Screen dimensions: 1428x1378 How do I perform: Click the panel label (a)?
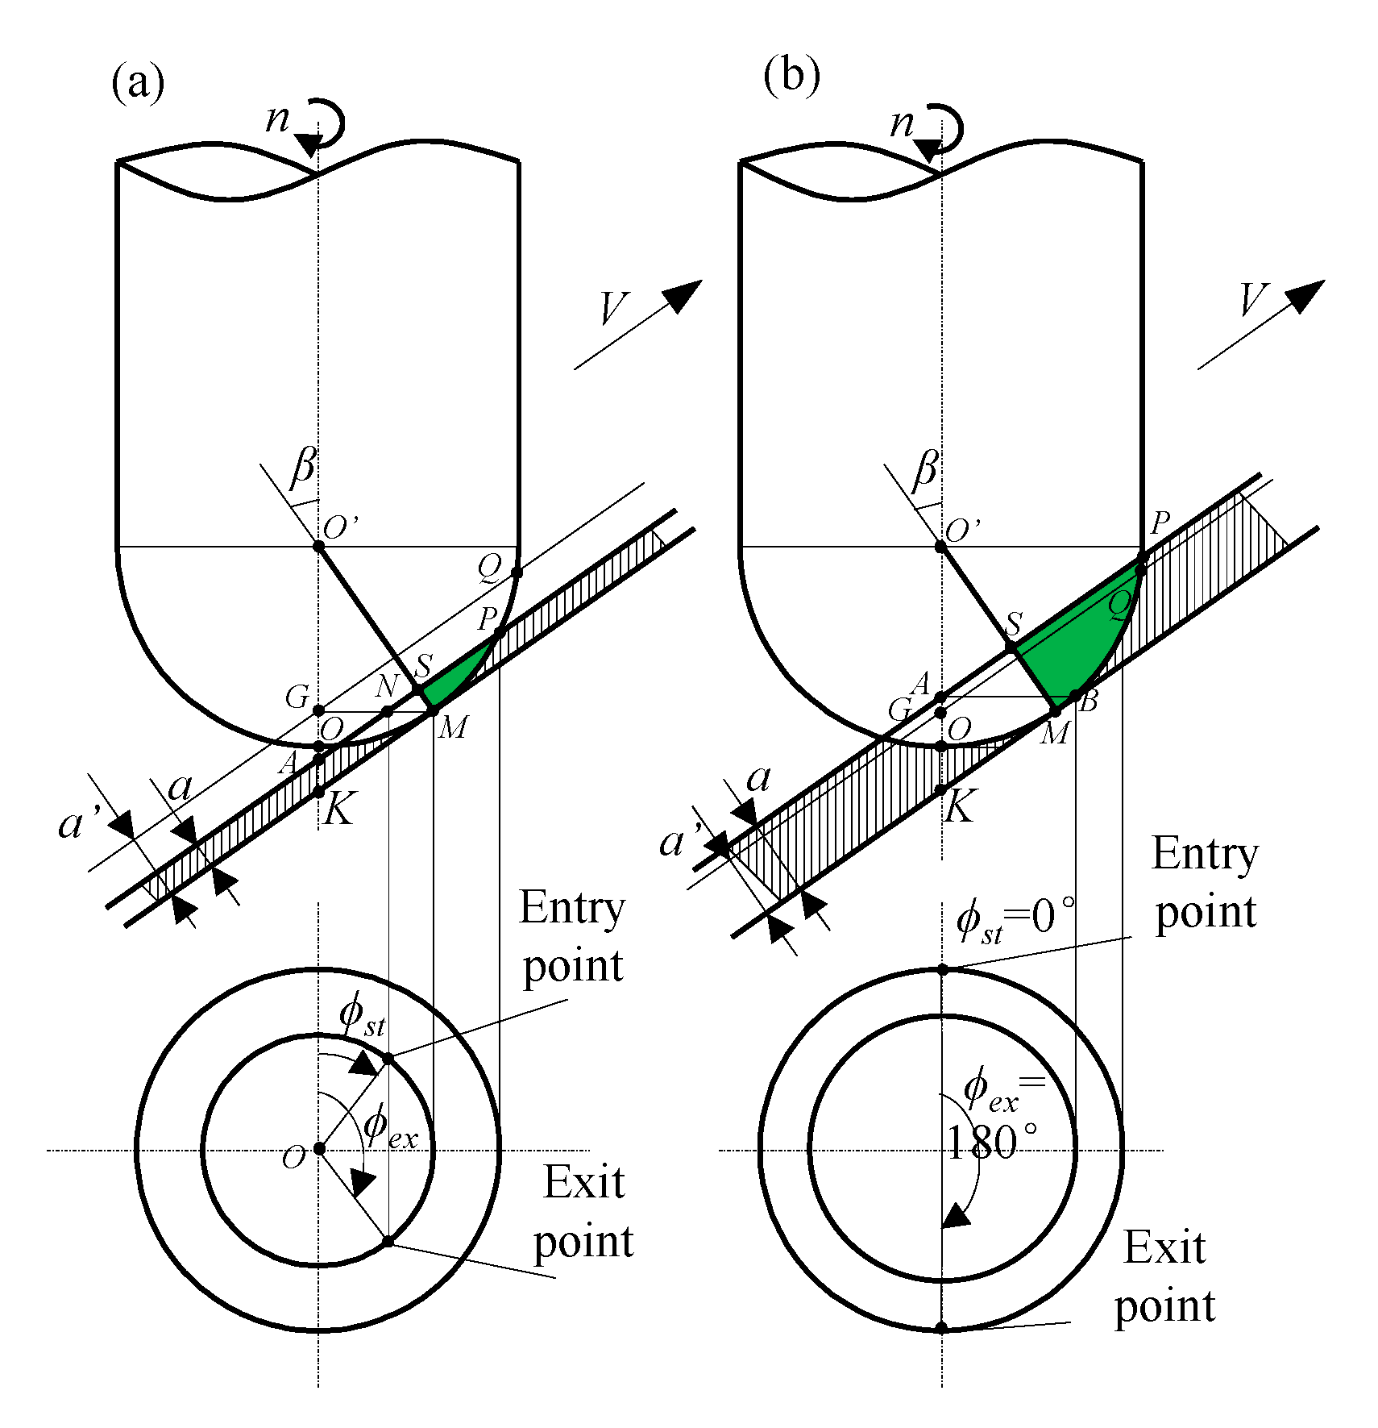[x=138, y=81]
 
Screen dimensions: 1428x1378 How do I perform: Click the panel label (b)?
[x=791, y=76]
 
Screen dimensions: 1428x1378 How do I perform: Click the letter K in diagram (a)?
[x=339, y=809]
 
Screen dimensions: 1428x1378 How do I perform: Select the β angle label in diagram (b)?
[x=925, y=469]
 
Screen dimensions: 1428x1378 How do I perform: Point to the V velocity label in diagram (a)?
[x=614, y=308]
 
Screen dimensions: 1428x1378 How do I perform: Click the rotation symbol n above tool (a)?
[x=277, y=119]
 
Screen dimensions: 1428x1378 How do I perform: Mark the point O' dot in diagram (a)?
[x=318, y=546]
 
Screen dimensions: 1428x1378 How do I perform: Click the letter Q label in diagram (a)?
[x=489, y=567]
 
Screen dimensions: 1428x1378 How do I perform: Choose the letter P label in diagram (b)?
[x=1160, y=523]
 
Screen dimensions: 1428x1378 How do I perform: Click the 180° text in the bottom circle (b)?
[x=991, y=1143]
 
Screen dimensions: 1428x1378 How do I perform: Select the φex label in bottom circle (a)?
[x=389, y=1126]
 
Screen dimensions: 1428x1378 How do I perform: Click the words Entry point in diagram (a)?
[x=572, y=936]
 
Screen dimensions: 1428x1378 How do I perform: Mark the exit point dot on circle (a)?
[x=388, y=1241]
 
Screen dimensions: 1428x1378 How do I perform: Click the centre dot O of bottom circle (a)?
[x=319, y=1148]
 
